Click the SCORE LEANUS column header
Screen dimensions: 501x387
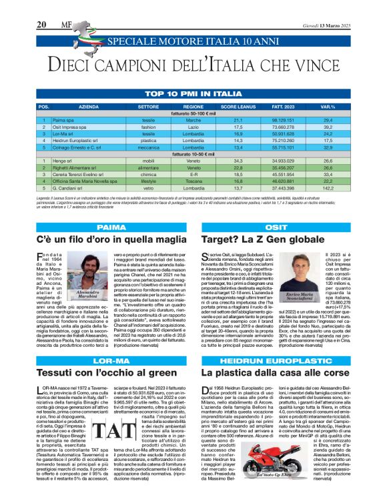237,107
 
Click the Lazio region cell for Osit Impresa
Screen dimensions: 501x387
193,126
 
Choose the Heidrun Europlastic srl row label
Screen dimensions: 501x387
79,141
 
